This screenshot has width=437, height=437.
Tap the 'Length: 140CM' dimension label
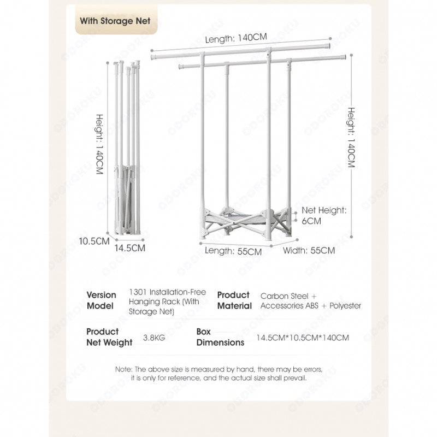(236, 38)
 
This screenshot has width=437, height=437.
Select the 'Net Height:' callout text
(324, 210)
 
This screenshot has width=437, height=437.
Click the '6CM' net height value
(311, 221)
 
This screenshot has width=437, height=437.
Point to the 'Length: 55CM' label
(233, 252)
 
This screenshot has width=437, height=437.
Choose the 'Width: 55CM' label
(309, 251)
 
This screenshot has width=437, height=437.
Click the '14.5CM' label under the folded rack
(129, 248)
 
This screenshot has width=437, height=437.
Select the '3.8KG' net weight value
(153, 338)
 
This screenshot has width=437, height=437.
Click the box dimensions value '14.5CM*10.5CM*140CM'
(302, 338)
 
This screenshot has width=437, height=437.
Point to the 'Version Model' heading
(101, 300)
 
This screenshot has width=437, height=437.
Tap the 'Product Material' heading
(234, 300)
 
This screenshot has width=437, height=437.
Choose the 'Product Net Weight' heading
(109, 337)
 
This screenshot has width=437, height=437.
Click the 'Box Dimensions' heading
(220, 337)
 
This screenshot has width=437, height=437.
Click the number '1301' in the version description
(137, 293)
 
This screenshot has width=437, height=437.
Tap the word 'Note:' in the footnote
(124, 369)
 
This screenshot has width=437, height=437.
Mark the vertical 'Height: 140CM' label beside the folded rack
(100, 144)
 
